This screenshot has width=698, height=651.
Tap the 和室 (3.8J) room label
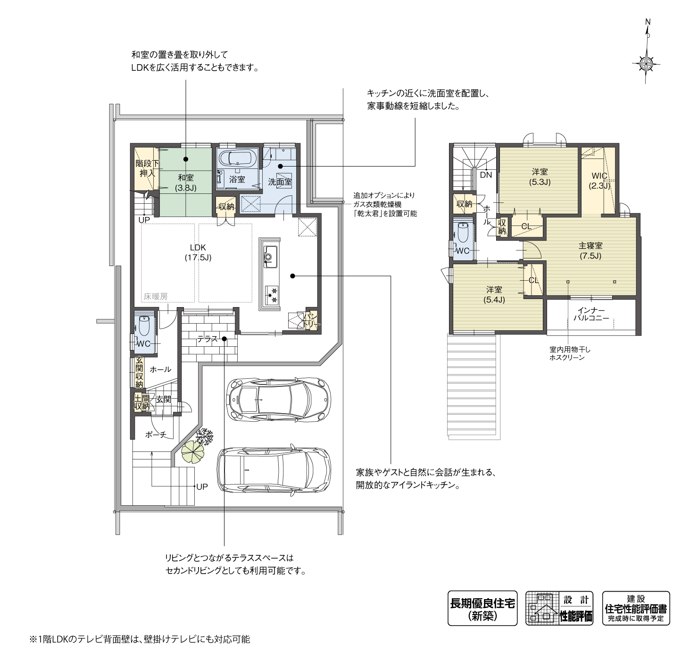click(x=185, y=183)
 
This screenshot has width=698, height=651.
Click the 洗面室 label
click(x=280, y=182)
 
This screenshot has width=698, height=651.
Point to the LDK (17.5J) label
click(x=198, y=252)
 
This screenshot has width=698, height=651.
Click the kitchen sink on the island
click(x=270, y=257)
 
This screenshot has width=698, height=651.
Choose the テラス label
click(x=207, y=339)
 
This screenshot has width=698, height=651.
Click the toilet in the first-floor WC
click(x=145, y=326)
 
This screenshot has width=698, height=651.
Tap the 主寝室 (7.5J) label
click(x=590, y=250)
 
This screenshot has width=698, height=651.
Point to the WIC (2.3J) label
click(x=599, y=181)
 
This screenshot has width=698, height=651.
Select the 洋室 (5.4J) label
click(x=494, y=295)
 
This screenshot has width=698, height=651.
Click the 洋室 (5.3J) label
click(x=540, y=177)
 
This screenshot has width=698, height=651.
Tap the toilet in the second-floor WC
click(x=463, y=232)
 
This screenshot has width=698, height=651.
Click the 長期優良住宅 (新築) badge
click(x=482, y=608)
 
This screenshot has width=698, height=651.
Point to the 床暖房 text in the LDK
click(x=155, y=296)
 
